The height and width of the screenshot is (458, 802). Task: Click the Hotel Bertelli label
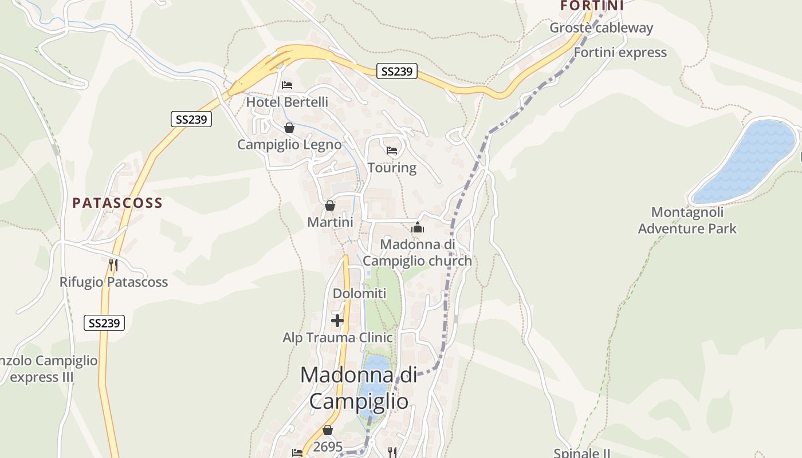(x=287, y=102)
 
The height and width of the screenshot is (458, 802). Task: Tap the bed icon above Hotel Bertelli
(x=287, y=85)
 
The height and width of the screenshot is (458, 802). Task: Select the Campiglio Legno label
(x=289, y=144)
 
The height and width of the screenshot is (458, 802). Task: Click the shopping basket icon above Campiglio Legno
(x=289, y=128)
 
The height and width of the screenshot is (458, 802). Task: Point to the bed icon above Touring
(x=392, y=151)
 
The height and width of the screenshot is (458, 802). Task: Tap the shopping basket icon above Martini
(x=330, y=206)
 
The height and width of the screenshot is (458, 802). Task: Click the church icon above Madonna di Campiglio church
(x=417, y=228)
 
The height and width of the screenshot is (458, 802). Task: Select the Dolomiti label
(x=359, y=293)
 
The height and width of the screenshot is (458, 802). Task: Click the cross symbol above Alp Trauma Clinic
(x=337, y=321)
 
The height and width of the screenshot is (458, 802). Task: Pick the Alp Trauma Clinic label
(x=337, y=337)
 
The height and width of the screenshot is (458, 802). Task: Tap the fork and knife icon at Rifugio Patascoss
(x=113, y=264)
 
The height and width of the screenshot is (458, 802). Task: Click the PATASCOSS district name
(x=117, y=203)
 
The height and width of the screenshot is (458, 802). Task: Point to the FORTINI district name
(x=591, y=6)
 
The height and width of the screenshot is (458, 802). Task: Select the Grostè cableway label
(x=601, y=27)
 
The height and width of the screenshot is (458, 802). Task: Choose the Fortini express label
(x=620, y=52)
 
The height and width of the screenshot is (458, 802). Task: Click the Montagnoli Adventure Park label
(x=687, y=220)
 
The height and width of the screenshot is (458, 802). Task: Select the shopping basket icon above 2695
(x=328, y=430)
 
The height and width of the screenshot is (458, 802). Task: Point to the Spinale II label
(x=581, y=453)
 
